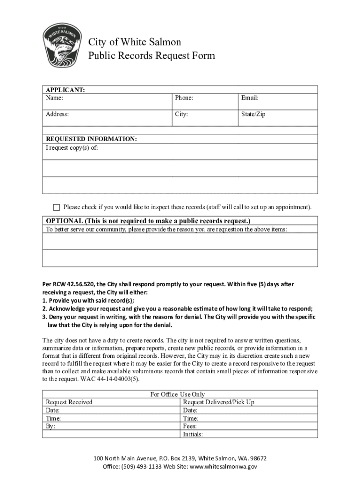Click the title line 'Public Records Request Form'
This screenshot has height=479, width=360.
151,56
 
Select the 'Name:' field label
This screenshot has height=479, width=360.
54,98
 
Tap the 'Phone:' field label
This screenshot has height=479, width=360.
184,98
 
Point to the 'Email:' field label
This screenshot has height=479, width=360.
250,98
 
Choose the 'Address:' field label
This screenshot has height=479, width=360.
57,114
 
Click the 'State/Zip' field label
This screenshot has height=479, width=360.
253,114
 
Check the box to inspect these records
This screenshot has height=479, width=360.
57,207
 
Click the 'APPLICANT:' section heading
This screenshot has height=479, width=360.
65,90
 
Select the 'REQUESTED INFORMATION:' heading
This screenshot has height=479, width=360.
91,139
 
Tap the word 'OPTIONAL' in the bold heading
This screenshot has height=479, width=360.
65,220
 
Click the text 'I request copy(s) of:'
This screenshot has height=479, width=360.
72,147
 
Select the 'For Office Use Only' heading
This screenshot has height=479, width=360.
177,394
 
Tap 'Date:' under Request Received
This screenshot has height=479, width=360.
52,410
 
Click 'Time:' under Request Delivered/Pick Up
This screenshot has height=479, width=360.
190,418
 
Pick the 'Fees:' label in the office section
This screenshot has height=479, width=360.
190,426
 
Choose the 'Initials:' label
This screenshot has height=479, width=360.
193,434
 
